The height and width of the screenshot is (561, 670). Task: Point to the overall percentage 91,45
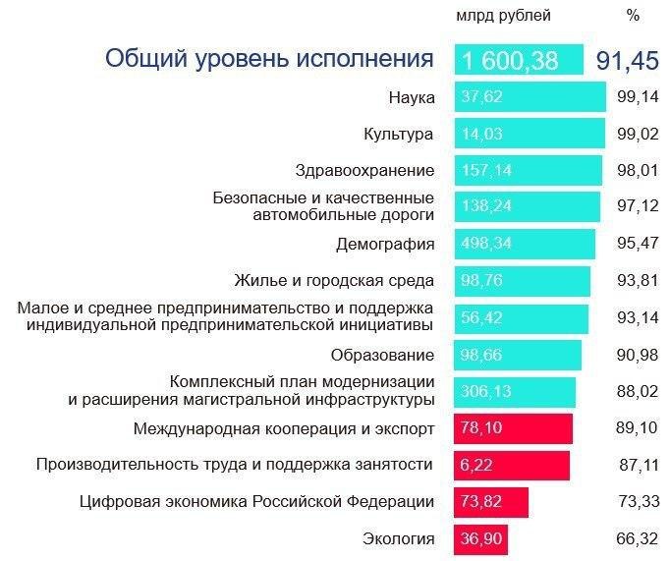point(627,60)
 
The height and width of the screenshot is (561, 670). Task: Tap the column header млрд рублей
point(503,15)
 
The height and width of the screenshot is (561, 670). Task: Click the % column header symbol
point(633,15)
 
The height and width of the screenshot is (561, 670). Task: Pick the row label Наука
point(412,96)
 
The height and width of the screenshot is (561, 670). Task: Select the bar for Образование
point(518,355)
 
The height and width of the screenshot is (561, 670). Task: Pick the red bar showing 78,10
point(513,428)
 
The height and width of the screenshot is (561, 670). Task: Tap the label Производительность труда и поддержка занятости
point(235,465)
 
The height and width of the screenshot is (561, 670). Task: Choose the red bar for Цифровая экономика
point(491,502)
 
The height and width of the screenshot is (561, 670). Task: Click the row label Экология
point(399,538)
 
